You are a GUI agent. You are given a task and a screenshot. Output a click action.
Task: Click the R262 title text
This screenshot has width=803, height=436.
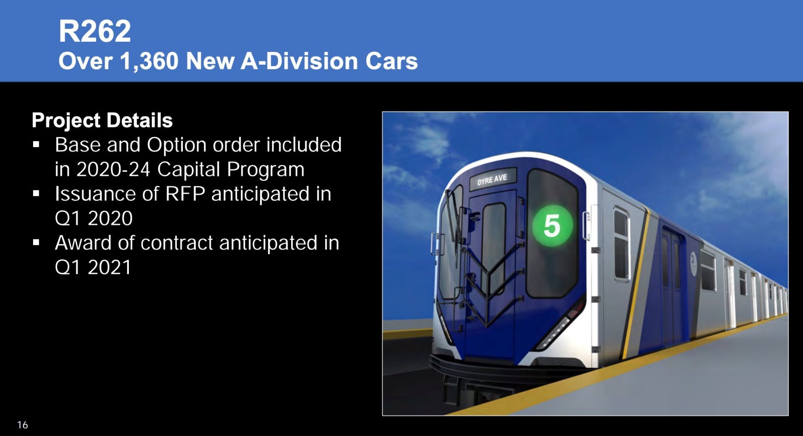pos(95,31)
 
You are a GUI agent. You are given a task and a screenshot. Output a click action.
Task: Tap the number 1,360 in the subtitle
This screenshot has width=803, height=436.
pos(149,61)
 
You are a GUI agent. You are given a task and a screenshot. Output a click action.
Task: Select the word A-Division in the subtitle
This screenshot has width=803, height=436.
pos(299,61)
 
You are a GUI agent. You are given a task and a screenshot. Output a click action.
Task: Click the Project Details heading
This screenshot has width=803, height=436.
pos(102,120)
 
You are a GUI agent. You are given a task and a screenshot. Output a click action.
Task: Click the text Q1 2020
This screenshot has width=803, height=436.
pos(94,218)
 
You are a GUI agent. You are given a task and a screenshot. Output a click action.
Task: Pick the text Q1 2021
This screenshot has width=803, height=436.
pos(93,267)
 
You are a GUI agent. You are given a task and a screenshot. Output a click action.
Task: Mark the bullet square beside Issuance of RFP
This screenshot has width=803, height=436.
pos(36,193)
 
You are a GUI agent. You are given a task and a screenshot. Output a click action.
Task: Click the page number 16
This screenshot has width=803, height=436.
pos(23,425)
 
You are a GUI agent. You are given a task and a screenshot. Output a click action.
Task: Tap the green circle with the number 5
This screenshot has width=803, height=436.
pos(552,226)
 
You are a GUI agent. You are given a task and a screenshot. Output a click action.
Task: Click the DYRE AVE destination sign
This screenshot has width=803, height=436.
pos(492,180)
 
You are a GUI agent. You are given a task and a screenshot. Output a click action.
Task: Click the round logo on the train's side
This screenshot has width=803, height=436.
pos(693,263)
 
